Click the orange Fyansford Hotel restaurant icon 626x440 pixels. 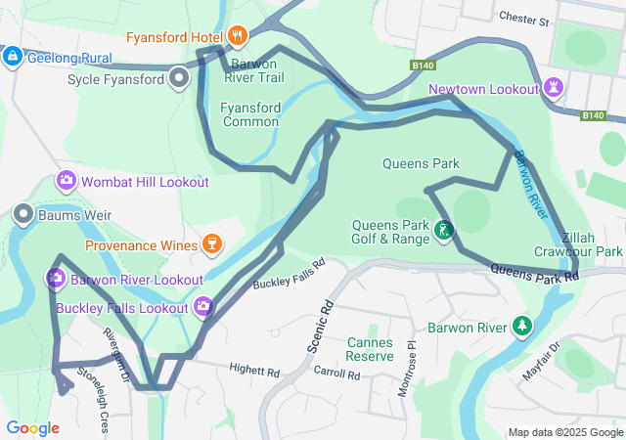(237, 38)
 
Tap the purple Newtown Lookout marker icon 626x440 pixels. (555, 89)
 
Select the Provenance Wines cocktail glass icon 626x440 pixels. (210, 244)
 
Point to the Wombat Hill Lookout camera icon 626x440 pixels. (67, 181)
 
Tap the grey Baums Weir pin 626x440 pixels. (22, 214)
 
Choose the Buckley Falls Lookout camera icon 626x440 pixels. (203, 308)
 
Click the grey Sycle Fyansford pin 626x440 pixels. (178, 77)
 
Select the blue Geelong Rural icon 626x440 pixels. (13, 57)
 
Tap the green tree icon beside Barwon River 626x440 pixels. (523, 326)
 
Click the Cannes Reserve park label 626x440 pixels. (370, 349)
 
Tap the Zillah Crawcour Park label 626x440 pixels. (592, 244)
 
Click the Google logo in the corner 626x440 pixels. (32, 427)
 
